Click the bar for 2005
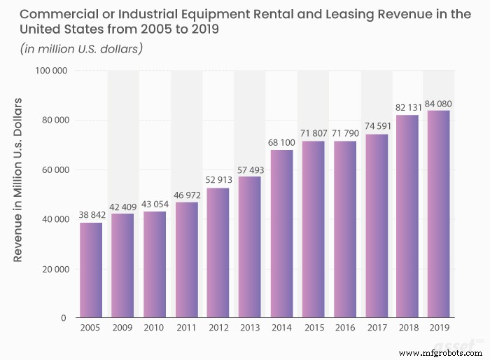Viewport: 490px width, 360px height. (91, 270)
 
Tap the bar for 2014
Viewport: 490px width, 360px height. (281, 234)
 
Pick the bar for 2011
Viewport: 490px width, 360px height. (186, 260)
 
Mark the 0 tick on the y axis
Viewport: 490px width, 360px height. (63, 319)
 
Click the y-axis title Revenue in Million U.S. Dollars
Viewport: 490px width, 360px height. (19, 181)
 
